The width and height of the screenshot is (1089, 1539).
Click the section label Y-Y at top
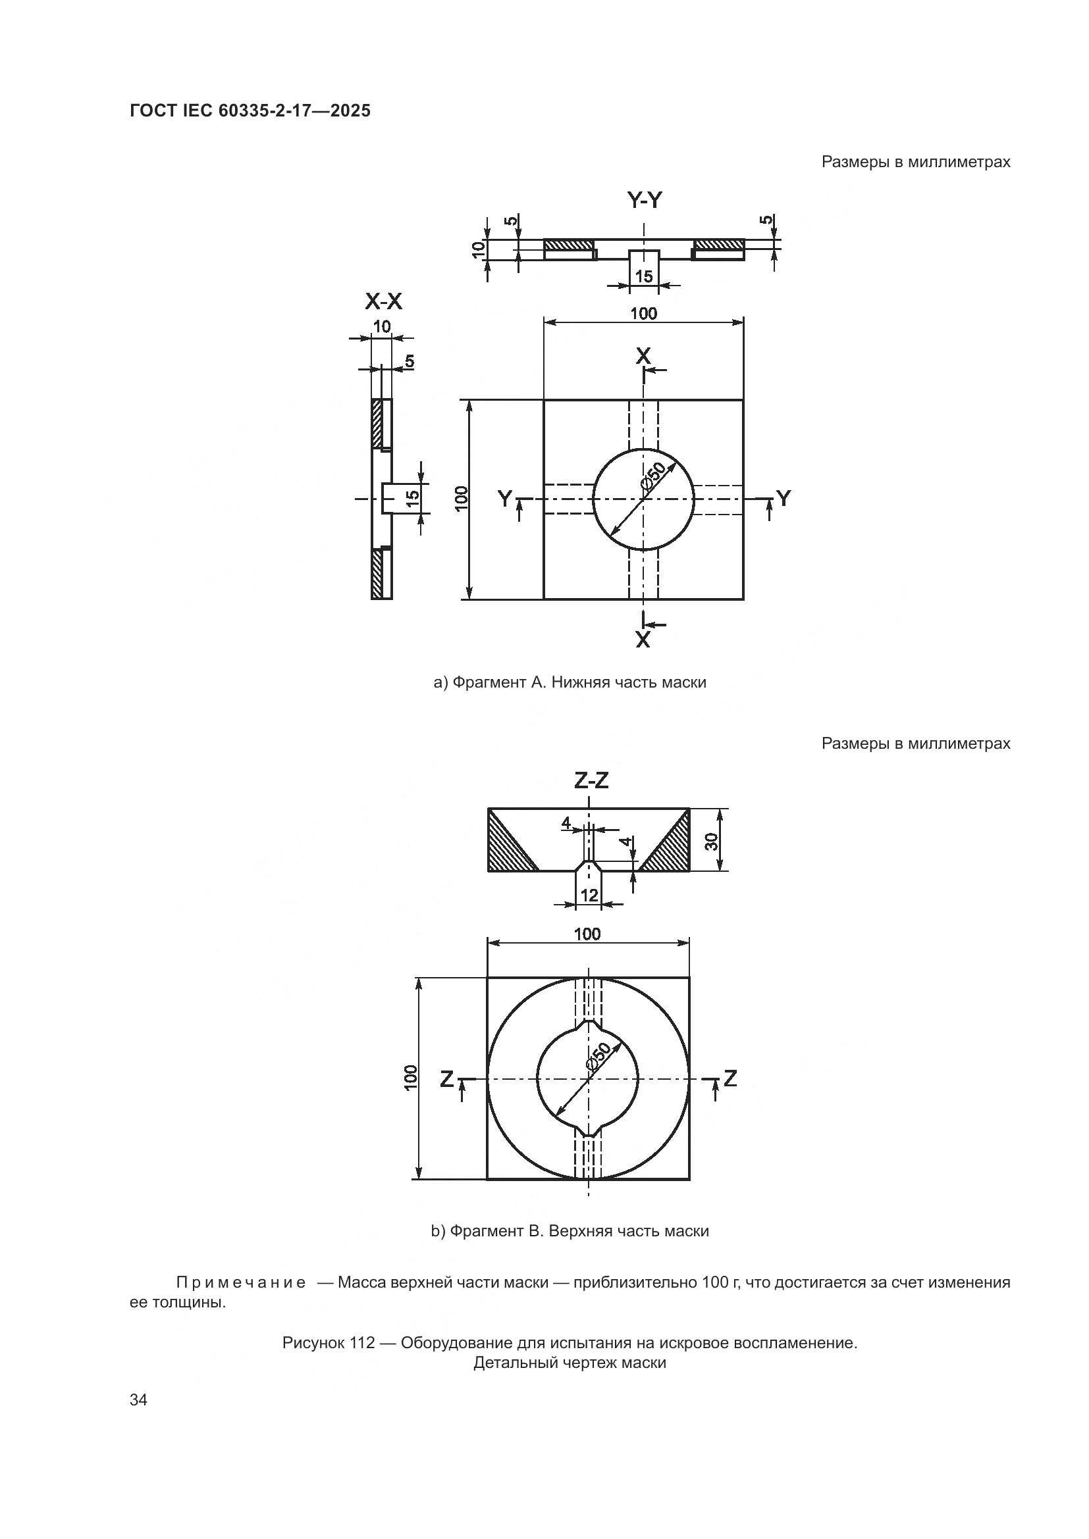click(x=645, y=200)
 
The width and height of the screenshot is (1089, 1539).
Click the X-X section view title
click(x=384, y=302)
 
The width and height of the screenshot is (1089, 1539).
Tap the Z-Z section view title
click(x=591, y=780)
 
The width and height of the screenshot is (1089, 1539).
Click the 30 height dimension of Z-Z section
click(x=714, y=840)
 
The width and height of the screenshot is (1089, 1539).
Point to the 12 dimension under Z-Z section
click(x=589, y=895)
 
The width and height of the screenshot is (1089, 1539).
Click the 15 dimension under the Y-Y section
click(x=644, y=276)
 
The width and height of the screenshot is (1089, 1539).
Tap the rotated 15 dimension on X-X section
click(x=412, y=497)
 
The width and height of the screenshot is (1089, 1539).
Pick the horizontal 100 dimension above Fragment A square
click(x=643, y=313)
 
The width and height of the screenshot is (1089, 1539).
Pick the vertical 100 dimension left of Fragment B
click(x=410, y=1077)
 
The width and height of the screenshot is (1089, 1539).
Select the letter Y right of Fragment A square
click(x=784, y=498)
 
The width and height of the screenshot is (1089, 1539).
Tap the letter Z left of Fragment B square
click(x=446, y=1078)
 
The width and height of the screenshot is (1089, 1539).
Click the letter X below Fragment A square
click(x=643, y=640)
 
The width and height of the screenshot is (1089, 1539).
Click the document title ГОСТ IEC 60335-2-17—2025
click(x=250, y=111)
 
